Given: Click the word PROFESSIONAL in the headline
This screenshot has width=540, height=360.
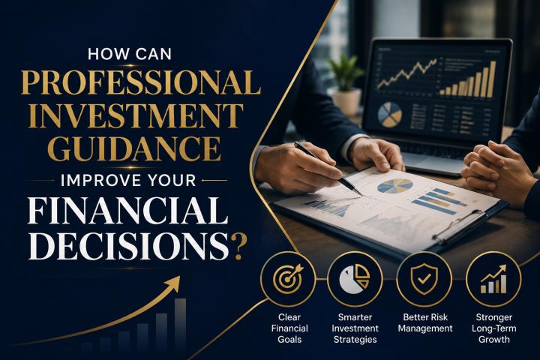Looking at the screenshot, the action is pos(140,82).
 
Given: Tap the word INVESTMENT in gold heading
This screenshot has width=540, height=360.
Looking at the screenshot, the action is pos(136,115).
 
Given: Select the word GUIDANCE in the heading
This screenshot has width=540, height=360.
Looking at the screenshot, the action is pos(134,148).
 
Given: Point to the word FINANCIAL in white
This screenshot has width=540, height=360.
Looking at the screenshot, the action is pos(127,211).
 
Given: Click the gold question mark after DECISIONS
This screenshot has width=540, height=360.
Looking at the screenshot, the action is pos(239,247).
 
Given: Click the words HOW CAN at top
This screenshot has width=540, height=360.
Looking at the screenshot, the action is pos(130,54).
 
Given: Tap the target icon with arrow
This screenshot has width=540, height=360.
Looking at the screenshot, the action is pos(288,279).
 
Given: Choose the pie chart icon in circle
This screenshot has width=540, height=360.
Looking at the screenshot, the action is pos(354,279).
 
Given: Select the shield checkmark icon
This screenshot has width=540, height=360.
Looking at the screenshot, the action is pos(424,279).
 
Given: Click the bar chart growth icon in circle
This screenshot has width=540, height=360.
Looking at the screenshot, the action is pos(493,279).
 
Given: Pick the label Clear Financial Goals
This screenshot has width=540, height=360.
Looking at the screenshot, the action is pos(289,328).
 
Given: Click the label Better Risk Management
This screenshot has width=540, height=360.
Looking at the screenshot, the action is pos(425,322).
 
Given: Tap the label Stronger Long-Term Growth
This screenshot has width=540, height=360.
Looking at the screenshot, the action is pos(493,328).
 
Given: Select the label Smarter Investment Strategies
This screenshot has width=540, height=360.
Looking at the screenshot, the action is pos(355,328).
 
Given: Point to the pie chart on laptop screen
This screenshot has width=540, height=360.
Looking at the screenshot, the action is pos(390,114).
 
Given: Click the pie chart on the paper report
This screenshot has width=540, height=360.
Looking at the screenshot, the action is pos(395,186).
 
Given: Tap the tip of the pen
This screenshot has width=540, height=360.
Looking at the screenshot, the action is pos(361,195).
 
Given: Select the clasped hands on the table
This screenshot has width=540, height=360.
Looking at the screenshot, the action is pos(496,170).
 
